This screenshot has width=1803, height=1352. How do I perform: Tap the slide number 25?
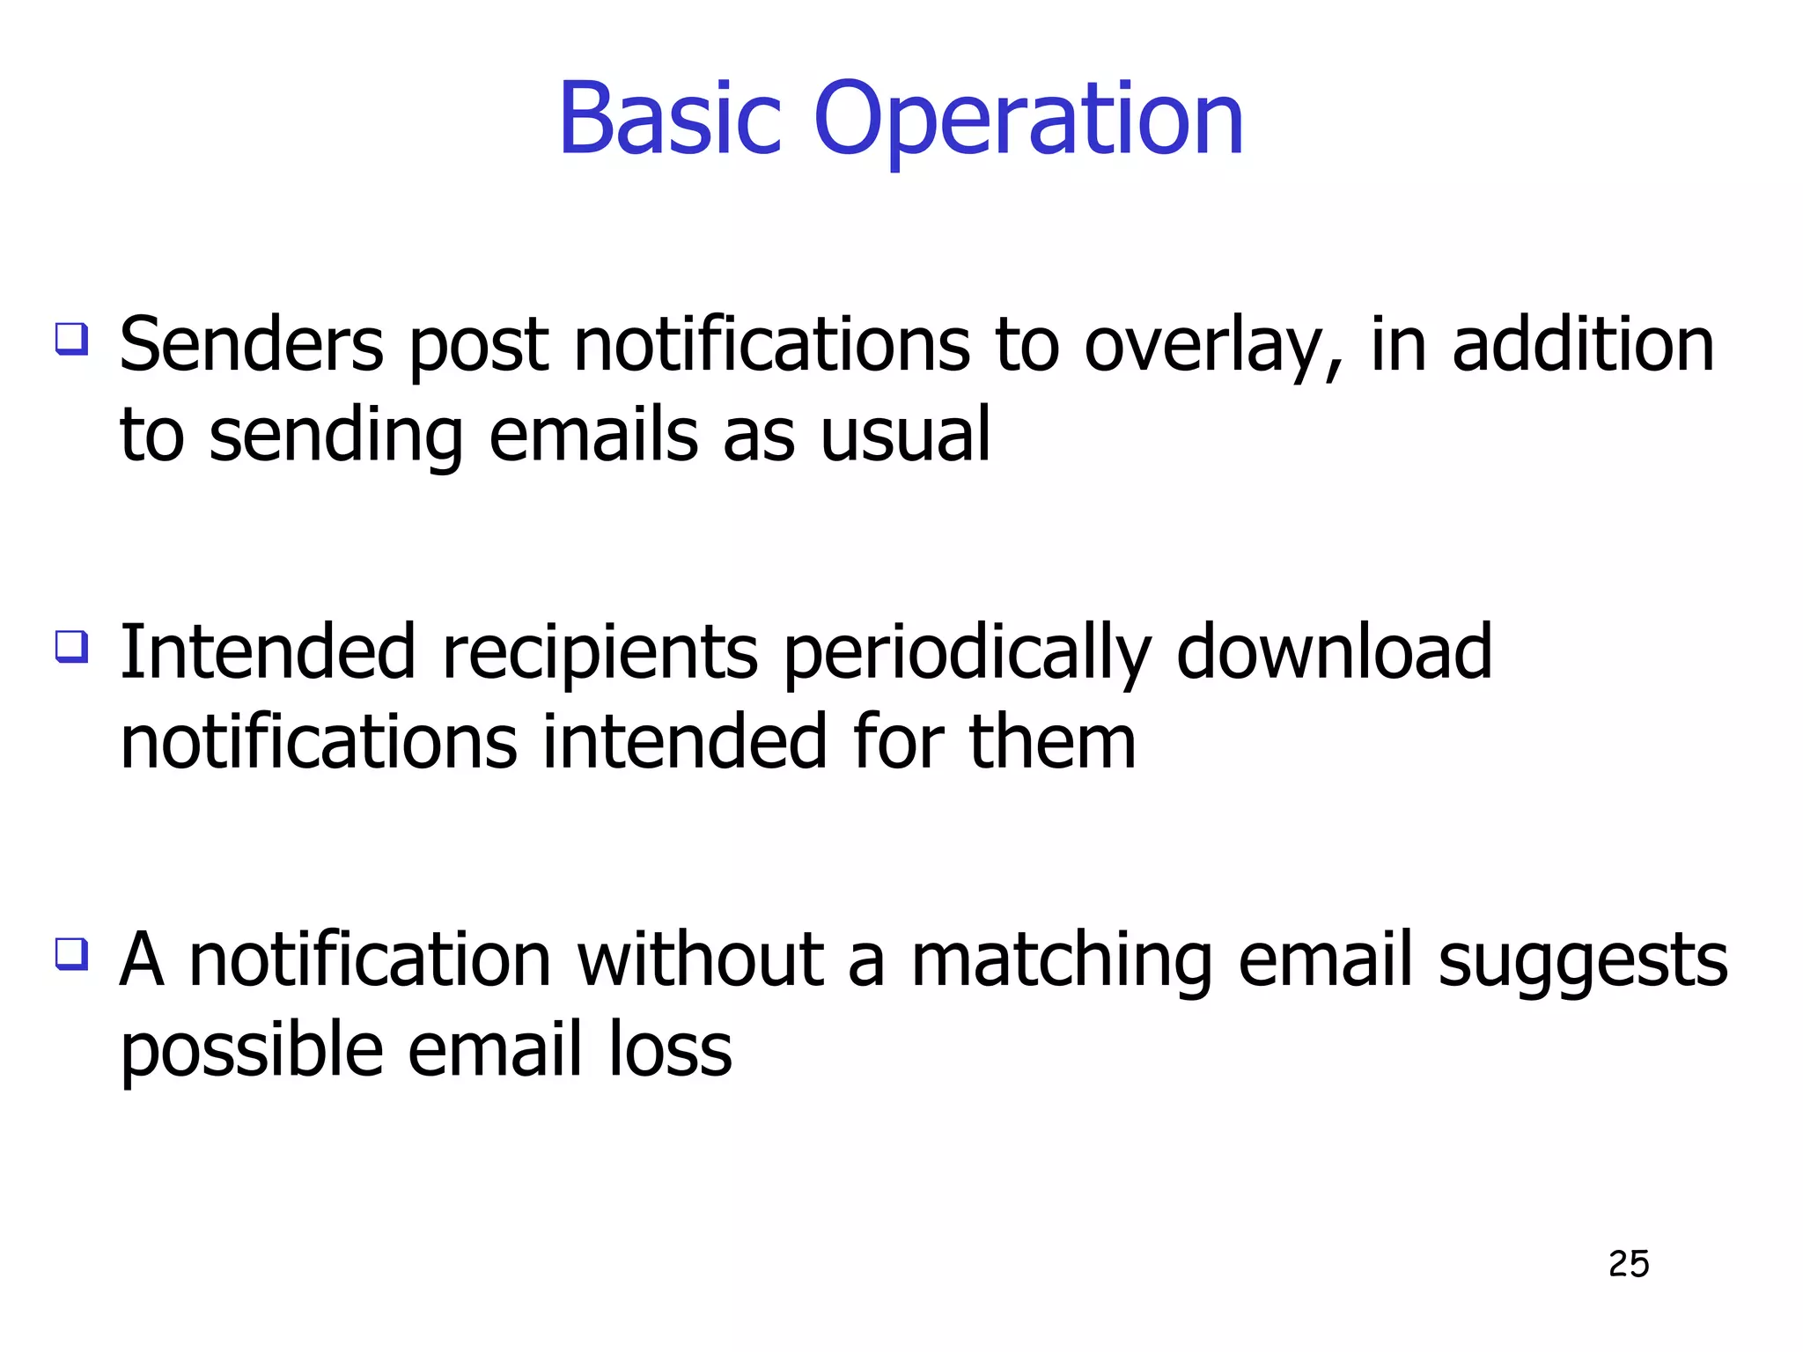coord(1628,1264)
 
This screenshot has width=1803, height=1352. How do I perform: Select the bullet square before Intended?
coord(71,646)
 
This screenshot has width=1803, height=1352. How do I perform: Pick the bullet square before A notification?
coord(71,953)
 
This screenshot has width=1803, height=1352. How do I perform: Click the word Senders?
coord(252,345)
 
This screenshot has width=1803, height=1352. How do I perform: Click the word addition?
coord(1582,345)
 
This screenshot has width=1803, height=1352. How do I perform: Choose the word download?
coord(1334,652)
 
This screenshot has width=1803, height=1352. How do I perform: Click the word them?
coord(1052,742)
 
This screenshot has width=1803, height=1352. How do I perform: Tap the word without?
coord(700,959)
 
